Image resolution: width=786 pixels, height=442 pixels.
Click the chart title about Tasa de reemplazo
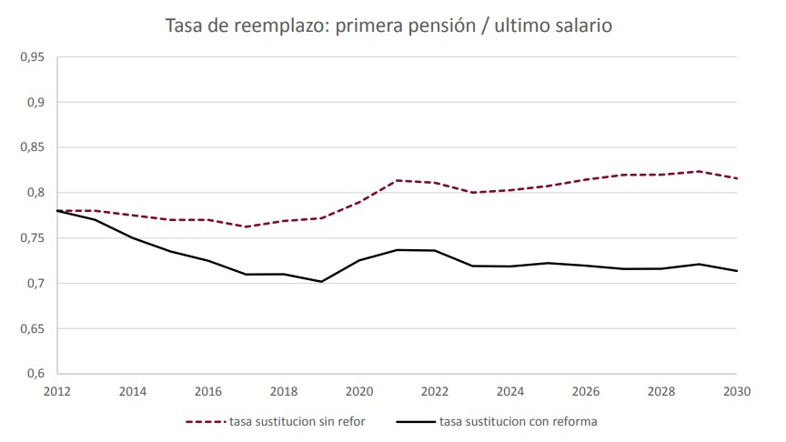(388, 26)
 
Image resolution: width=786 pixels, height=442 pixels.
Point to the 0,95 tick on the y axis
(33, 56)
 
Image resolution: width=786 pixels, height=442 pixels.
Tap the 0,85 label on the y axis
(33, 147)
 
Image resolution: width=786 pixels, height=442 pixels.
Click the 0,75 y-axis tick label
(33, 238)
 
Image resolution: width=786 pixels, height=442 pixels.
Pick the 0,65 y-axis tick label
(33, 328)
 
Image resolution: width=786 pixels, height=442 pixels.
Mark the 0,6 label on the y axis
(35, 374)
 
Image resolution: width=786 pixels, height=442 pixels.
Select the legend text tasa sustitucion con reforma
(518, 421)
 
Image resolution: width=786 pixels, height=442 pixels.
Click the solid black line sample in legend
(416, 421)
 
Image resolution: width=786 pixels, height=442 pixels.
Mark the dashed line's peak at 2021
(397, 180)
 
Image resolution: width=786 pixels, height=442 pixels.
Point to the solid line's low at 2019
(321, 281)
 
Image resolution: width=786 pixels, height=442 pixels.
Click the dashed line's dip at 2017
(246, 226)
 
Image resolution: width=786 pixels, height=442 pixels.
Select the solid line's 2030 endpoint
(736, 271)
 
